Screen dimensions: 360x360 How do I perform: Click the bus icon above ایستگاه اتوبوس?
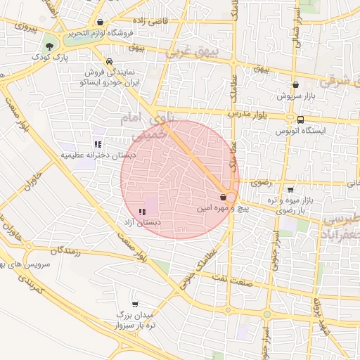coord(301,120)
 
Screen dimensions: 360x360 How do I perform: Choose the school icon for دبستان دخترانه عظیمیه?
coord(98,144)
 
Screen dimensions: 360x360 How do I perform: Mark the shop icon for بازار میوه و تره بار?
coord(290,190)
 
